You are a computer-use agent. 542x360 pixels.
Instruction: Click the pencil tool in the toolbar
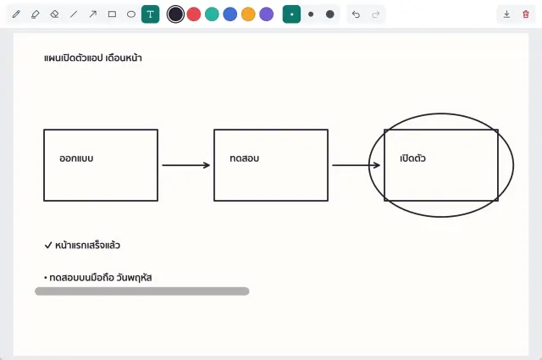click(16, 14)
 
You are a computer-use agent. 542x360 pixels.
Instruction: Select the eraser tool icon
click(54, 14)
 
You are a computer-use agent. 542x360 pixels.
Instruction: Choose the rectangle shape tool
click(112, 14)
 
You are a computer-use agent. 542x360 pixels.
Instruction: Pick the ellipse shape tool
click(131, 14)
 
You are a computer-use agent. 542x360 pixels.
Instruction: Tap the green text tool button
click(151, 14)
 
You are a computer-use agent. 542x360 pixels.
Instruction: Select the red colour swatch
click(194, 14)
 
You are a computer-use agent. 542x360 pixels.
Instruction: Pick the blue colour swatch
click(230, 14)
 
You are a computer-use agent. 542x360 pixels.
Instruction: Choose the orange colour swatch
click(248, 14)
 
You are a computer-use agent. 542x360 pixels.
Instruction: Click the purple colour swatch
click(267, 14)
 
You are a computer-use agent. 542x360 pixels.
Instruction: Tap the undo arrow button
click(356, 14)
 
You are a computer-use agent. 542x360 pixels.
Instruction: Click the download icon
click(506, 14)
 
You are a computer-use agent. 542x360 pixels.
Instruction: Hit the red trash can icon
click(526, 14)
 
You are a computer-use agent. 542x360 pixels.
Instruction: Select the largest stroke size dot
click(330, 14)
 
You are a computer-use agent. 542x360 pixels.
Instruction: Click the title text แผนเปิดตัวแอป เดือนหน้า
click(93, 58)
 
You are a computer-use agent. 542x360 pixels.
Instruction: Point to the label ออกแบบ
click(76, 158)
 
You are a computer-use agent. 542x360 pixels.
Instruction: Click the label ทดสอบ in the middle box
click(245, 158)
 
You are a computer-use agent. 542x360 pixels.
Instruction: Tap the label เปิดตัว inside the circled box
click(412, 158)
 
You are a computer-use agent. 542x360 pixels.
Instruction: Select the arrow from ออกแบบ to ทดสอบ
click(186, 165)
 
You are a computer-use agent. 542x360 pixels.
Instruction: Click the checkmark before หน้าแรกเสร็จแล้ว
click(48, 245)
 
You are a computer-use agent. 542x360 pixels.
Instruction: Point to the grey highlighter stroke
click(142, 291)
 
